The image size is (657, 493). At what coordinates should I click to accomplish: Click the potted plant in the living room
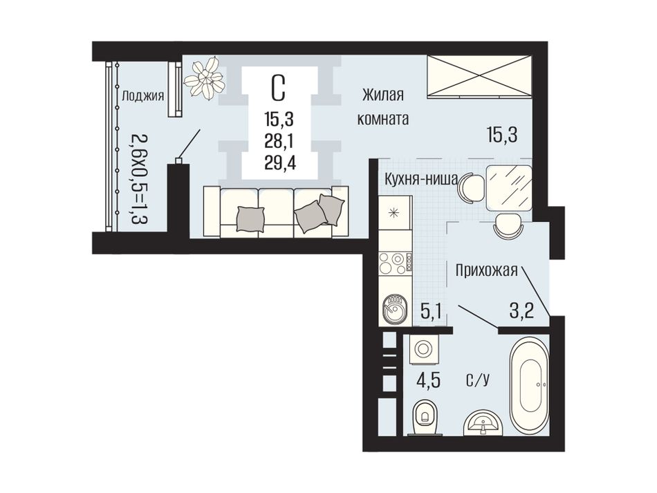point(204,77)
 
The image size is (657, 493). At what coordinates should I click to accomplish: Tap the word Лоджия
point(142,96)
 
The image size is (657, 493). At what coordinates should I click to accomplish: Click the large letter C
point(278,89)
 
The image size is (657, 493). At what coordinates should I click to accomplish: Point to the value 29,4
point(280,162)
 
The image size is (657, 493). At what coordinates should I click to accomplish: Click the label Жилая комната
point(382,106)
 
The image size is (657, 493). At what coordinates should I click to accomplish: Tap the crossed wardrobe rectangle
point(479,77)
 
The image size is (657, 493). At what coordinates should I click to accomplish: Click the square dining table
point(509,187)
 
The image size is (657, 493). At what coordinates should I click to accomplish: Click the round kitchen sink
point(394,308)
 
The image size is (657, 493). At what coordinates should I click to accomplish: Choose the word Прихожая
point(487,270)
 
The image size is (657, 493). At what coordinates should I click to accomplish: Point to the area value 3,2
point(522,311)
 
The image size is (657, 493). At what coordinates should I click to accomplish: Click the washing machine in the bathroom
point(423,348)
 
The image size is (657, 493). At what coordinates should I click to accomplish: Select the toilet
point(424,417)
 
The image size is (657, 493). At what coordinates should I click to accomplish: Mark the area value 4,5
point(427,383)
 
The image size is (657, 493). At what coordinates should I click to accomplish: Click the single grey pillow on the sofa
point(251,219)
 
